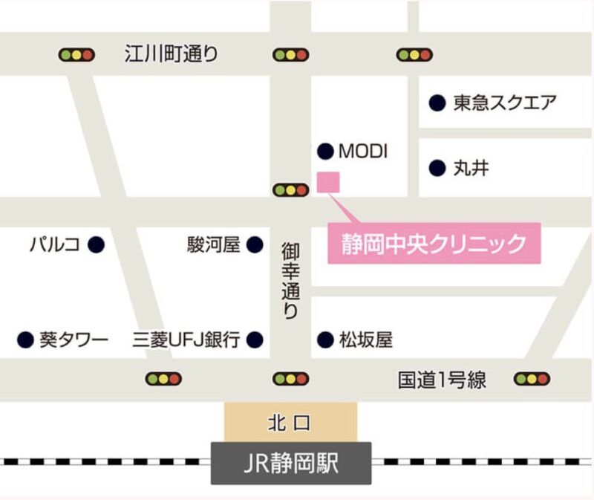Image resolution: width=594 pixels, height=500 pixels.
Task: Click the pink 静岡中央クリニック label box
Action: [434, 243]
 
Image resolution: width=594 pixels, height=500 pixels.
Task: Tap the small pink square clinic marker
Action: [327, 181]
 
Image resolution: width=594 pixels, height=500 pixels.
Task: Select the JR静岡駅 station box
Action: [291, 464]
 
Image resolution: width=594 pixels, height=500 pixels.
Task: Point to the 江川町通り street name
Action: [171, 53]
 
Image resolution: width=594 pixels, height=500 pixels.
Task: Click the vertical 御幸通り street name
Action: [290, 280]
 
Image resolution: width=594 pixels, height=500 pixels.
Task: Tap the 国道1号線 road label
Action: [442, 380]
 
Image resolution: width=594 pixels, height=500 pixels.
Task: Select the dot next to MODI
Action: [324, 151]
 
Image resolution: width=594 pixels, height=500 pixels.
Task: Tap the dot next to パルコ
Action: [96, 244]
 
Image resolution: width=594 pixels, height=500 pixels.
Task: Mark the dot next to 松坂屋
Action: [324, 340]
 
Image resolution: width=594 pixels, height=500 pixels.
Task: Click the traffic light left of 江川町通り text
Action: [77, 54]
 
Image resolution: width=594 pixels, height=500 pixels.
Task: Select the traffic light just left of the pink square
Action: [290, 190]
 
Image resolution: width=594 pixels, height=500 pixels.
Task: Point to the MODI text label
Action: [363, 151]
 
